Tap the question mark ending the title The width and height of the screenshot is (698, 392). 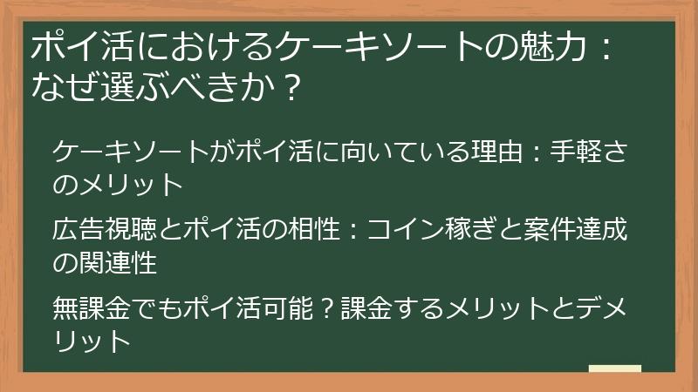[294, 88]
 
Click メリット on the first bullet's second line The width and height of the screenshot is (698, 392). [131, 186]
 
